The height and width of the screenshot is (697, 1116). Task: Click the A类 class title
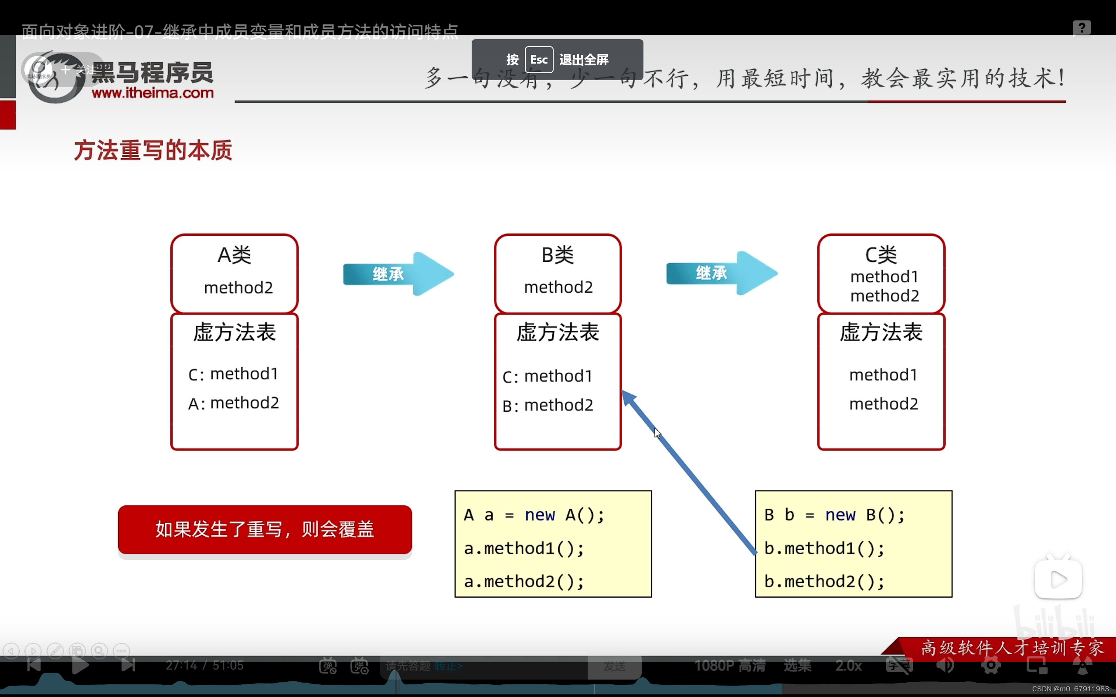234,255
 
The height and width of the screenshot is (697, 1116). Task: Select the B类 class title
558,255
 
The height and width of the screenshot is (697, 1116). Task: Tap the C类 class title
881,255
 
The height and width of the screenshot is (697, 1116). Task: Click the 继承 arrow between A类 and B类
398,274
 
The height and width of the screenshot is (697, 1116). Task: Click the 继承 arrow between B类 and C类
721,273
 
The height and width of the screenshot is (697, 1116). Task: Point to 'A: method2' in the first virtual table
233,403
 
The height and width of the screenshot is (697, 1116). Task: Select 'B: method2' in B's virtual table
548,406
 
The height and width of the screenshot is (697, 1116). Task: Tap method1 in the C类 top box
884,277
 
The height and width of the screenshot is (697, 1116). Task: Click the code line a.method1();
524,548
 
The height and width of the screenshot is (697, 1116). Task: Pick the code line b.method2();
824,582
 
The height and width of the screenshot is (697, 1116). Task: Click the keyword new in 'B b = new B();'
840,515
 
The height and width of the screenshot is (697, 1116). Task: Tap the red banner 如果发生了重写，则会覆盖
265,529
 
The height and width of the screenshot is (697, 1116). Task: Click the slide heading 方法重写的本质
153,151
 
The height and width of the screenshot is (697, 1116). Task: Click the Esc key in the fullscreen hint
539,60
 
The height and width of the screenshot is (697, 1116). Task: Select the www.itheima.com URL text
153,93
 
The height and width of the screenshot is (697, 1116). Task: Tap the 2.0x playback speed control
848,665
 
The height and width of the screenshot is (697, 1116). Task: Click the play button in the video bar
80,665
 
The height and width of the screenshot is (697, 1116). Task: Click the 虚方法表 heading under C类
881,332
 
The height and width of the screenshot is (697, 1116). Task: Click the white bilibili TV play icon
1058,579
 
